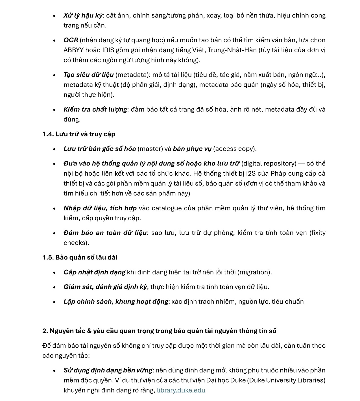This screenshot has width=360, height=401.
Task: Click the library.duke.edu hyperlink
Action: [x=181, y=390]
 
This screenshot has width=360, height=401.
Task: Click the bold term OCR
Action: [x=71, y=40]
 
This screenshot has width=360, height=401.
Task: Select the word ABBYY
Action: [x=73, y=50]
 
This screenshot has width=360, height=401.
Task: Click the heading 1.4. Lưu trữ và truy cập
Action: [x=79, y=134]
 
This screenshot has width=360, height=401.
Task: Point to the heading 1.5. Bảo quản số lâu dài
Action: [x=80, y=257]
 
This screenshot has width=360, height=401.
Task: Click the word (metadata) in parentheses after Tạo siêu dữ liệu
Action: [x=132, y=75]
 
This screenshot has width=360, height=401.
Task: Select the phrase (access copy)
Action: [x=235, y=149]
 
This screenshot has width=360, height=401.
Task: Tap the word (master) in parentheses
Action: [x=150, y=149]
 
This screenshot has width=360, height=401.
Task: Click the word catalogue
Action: [x=167, y=208]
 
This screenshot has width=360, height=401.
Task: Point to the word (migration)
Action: [x=254, y=272]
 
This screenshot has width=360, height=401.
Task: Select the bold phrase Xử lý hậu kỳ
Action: [x=83, y=15]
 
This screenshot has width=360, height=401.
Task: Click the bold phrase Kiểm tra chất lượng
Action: [x=95, y=109]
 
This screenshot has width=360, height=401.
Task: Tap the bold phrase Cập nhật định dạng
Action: [x=94, y=272]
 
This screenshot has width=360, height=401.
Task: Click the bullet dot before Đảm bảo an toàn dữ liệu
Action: [x=54, y=233]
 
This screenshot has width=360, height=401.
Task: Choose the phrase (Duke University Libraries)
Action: [x=286, y=380]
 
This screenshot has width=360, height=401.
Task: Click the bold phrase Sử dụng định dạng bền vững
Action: [x=108, y=370]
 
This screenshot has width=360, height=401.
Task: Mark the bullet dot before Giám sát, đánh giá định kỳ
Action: [x=54, y=287]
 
